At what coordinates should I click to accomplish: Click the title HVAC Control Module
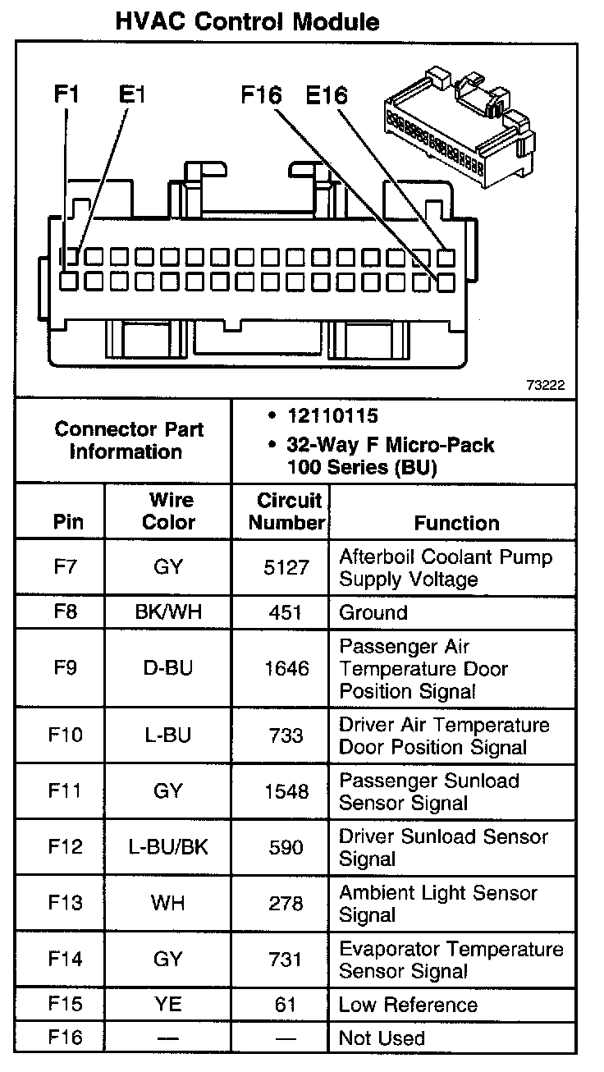(247, 22)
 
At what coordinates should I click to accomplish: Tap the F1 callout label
(66, 94)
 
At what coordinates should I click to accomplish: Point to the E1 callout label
(131, 94)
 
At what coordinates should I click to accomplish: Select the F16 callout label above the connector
(261, 95)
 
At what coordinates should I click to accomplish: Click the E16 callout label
(327, 95)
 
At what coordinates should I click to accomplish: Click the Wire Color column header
(169, 511)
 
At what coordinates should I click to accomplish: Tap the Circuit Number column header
(287, 511)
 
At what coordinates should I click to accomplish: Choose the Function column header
(456, 523)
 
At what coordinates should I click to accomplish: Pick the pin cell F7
(65, 567)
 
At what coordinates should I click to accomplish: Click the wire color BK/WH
(168, 612)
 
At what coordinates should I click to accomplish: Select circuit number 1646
(286, 668)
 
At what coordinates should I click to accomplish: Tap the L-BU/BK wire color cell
(168, 847)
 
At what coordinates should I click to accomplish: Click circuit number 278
(286, 903)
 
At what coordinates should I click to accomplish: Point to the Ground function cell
(373, 612)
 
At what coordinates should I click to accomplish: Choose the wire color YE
(168, 1004)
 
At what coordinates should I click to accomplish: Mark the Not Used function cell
(382, 1038)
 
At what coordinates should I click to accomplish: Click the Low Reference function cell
(407, 1004)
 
